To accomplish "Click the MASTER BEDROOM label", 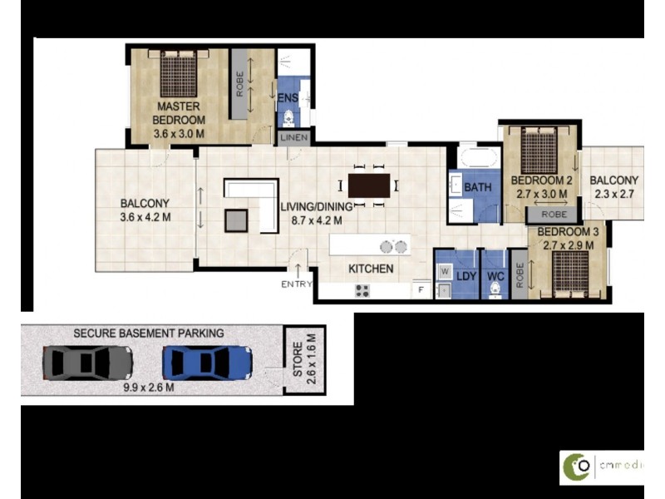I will click(x=178, y=112).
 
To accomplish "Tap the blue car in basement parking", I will click(x=207, y=362).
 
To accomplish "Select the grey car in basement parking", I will click(x=87, y=362).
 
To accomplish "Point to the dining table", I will click(x=368, y=185).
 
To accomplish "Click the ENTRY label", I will click(x=297, y=284).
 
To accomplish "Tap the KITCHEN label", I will click(x=371, y=269).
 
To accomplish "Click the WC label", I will click(x=496, y=274).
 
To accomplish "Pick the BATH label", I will click(x=477, y=187).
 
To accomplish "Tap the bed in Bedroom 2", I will click(x=538, y=150).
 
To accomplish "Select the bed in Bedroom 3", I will click(x=572, y=269).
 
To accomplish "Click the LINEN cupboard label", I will click(x=294, y=137).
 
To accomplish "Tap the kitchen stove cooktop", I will click(x=362, y=291).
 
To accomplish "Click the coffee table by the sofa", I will click(x=236, y=219).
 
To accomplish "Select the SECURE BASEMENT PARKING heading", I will click(x=149, y=333).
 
